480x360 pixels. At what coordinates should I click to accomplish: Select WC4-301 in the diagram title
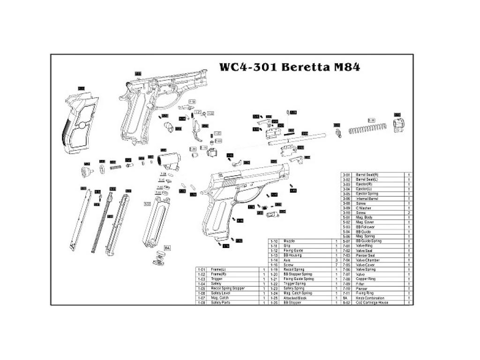tap(248, 67)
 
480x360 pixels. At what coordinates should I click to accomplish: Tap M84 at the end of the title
tap(346, 67)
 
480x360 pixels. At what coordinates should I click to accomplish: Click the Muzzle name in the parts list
tap(289, 241)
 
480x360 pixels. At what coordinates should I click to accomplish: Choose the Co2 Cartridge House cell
tap(372, 303)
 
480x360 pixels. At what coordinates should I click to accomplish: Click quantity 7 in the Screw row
tap(337, 265)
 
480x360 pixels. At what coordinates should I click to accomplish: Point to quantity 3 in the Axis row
tap(337, 260)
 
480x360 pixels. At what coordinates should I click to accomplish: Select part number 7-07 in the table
tap(346, 274)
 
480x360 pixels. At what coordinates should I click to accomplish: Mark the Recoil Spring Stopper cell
tap(228, 288)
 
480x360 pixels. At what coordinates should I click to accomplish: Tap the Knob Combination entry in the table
tap(370, 298)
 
